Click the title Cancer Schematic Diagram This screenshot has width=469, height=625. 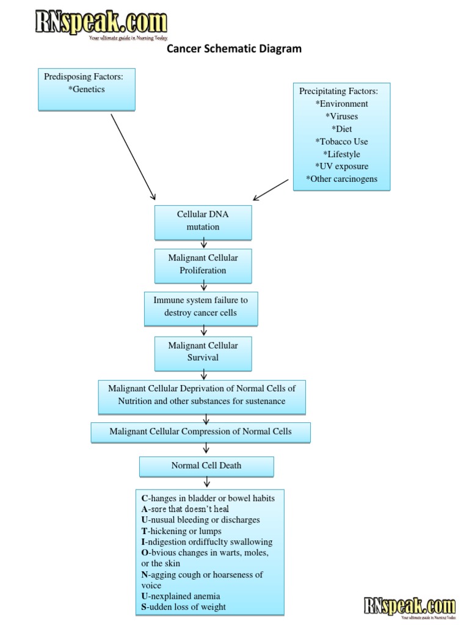pyautogui.click(x=234, y=49)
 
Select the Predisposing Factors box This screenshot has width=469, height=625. pyautogui.click(x=86, y=89)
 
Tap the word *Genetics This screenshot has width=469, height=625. pyautogui.click(x=87, y=89)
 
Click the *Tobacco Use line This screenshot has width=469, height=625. pyautogui.click(x=341, y=142)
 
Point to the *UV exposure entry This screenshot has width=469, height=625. pyautogui.click(x=341, y=166)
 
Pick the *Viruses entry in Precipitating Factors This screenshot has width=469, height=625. pyautogui.click(x=341, y=116)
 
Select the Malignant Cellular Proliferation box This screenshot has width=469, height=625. pyautogui.click(x=203, y=264)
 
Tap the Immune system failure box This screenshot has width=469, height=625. pyautogui.click(x=201, y=307)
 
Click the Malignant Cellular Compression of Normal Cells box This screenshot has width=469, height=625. pyautogui.click(x=201, y=432)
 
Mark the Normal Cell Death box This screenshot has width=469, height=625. pyautogui.click(x=206, y=466)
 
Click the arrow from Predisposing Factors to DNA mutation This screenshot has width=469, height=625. pyautogui.click(x=132, y=156)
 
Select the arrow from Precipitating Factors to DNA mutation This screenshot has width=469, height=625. pyautogui.click(x=271, y=189)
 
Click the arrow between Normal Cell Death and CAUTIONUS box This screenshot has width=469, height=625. pyautogui.click(x=206, y=482)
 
